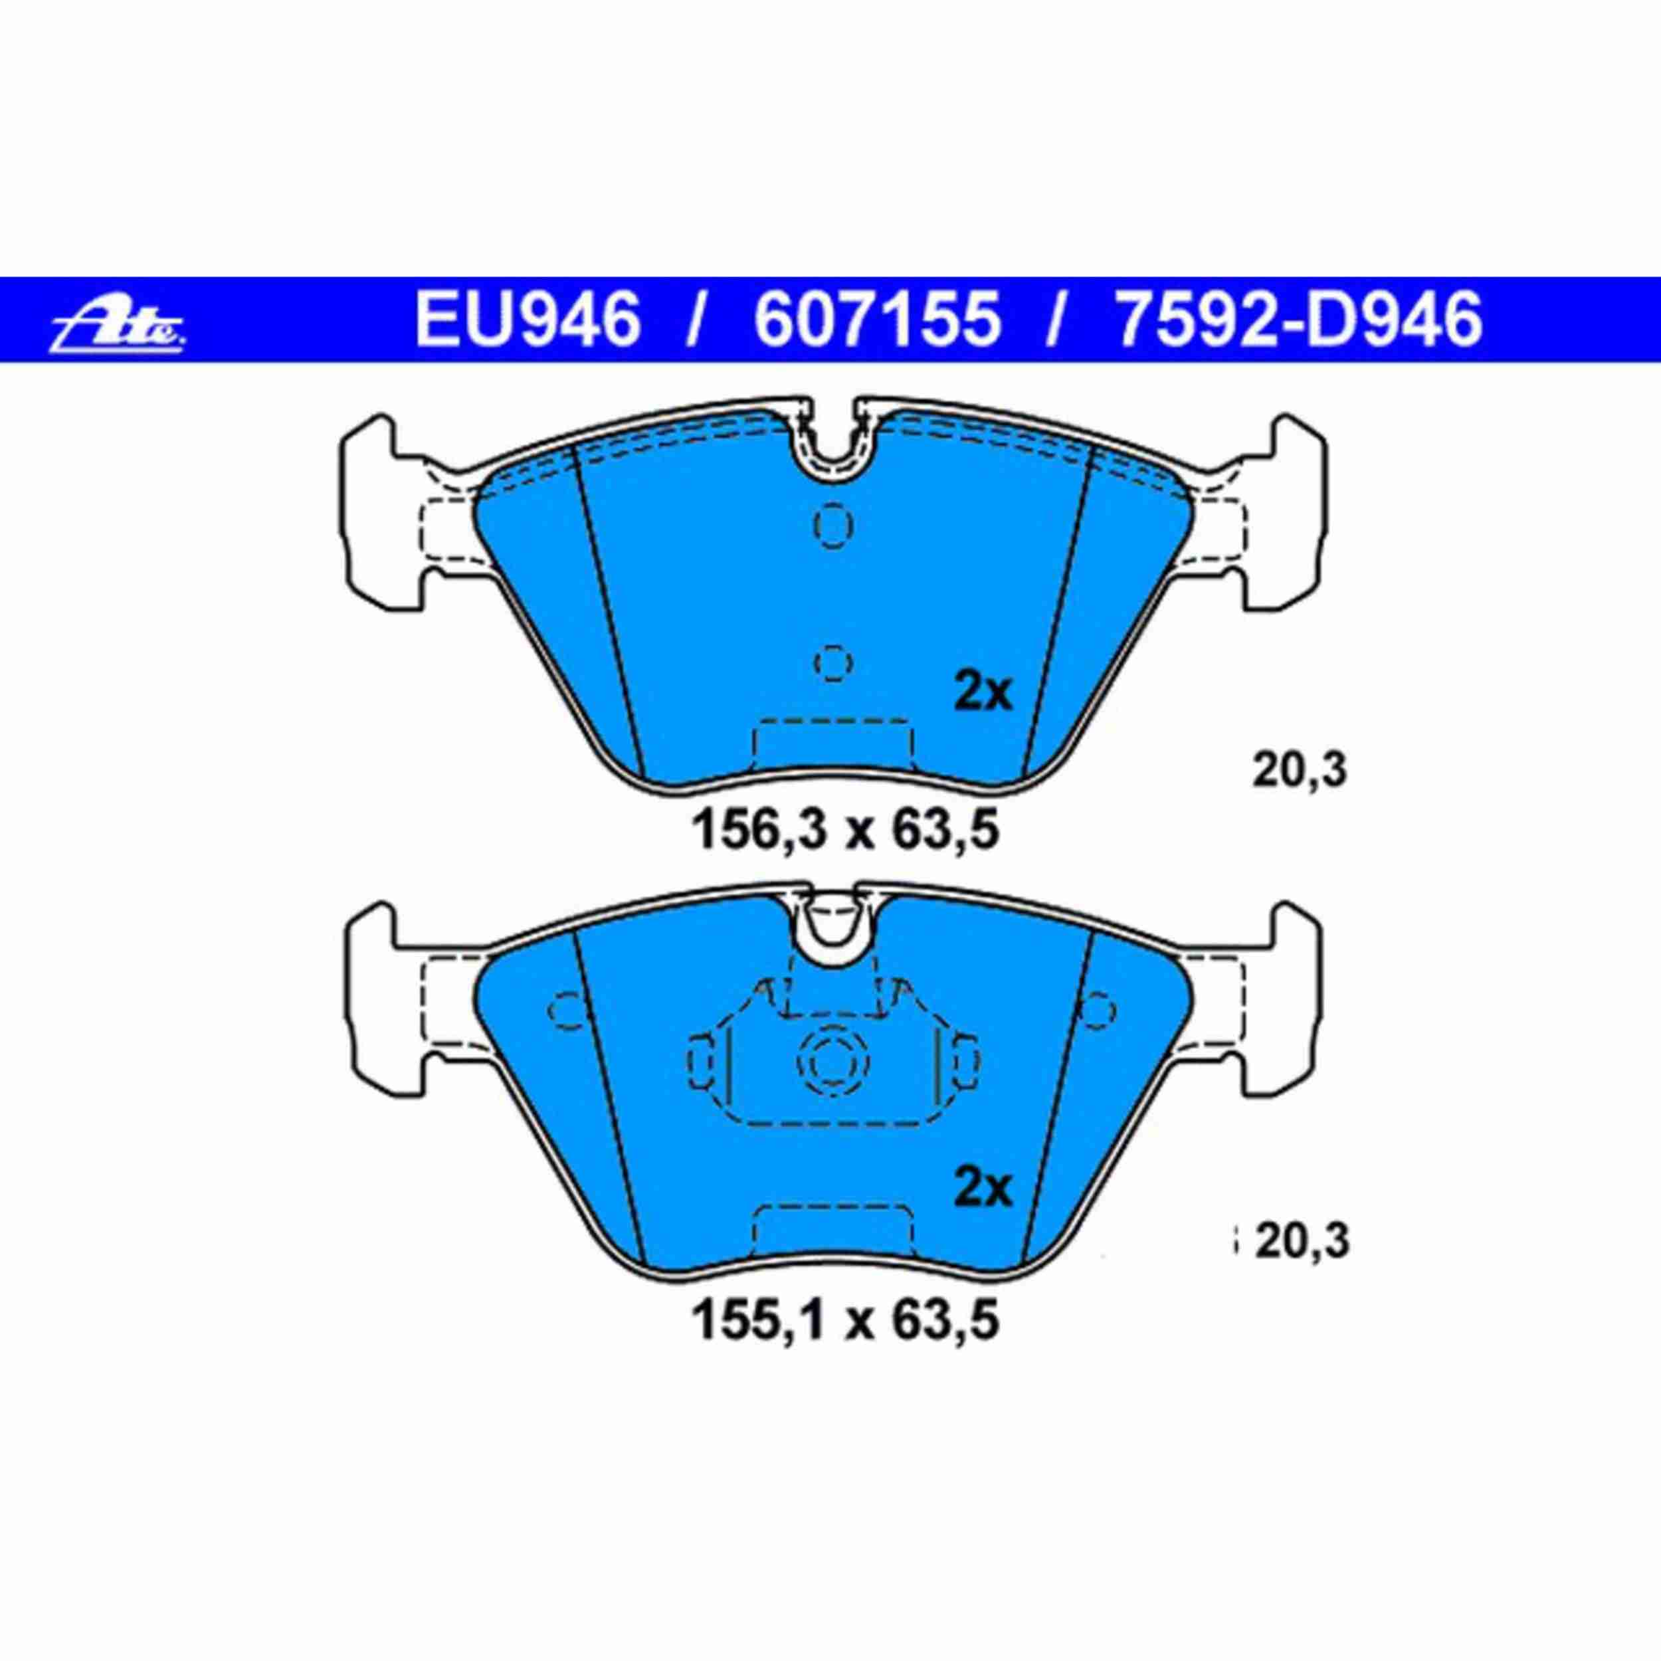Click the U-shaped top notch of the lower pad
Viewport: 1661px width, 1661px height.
pyautogui.click(x=833, y=937)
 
